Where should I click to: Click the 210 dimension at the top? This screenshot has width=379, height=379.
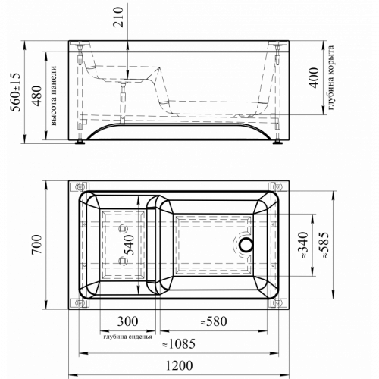point(118,17)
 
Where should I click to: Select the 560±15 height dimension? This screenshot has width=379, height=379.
point(15,92)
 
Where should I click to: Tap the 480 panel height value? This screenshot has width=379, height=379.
point(37,96)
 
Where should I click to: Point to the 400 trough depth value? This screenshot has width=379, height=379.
point(314,77)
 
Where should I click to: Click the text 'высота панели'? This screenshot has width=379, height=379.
point(54,96)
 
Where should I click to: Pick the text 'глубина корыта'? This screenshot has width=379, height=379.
point(330,77)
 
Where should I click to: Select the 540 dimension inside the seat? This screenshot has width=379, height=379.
point(129,245)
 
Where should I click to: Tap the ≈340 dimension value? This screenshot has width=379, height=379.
point(303,245)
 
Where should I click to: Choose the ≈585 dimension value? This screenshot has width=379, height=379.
point(324,245)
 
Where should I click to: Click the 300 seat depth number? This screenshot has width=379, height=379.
point(127,321)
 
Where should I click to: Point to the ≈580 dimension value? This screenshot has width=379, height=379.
point(214,321)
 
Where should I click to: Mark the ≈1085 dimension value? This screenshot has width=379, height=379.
point(179,343)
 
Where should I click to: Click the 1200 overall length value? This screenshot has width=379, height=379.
point(179,365)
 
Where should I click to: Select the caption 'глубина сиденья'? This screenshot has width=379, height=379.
point(127,337)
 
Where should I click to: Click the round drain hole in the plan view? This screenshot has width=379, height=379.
point(246,245)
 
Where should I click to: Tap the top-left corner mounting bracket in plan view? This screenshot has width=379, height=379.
point(80,187)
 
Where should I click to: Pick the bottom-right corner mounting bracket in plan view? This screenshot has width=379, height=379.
point(277,302)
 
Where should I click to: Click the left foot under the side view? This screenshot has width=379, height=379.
point(80,142)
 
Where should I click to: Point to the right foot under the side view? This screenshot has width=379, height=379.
point(277,142)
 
